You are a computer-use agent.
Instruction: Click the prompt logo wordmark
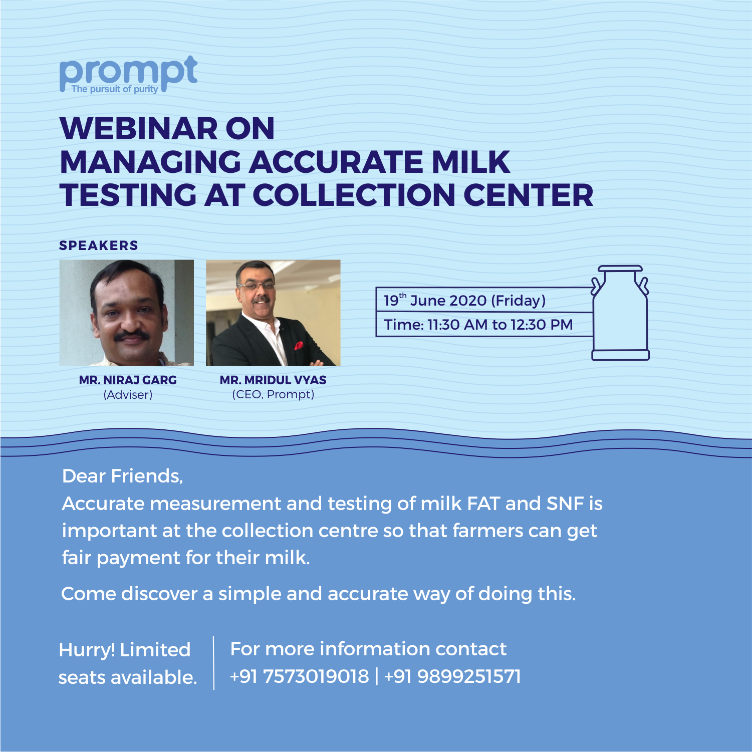point(128,74)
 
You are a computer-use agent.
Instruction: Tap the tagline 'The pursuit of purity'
point(115,89)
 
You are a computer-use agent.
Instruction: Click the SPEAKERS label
point(99,245)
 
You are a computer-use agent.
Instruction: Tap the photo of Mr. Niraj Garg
point(127,313)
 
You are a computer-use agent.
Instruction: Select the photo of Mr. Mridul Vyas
point(273,313)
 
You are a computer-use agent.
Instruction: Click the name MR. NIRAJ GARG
point(128,380)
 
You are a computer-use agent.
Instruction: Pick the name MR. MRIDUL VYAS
point(273,380)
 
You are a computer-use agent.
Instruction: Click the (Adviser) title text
point(128,395)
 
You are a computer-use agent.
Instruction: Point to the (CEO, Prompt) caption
point(273,395)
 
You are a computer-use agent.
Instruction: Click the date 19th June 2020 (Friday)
point(465,300)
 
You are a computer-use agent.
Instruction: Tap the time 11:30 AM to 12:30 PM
point(500,325)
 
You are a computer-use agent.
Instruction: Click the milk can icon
point(620,313)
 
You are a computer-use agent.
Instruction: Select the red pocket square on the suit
point(299,345)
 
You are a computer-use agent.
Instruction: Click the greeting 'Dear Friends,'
point(123,476)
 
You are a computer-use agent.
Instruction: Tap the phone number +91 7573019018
point(299,676)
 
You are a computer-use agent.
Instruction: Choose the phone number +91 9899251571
point(452,676)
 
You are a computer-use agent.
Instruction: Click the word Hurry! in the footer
point(87,650)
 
